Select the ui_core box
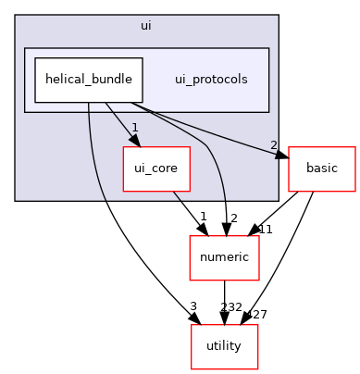coord(149,169)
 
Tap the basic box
coord(321,169)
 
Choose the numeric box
coord(224,258)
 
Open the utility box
coord(224,346)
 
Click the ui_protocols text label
coord(211,80)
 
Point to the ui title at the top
coord(146,25)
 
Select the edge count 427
coord(255,315)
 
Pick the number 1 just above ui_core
coord(135,128)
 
